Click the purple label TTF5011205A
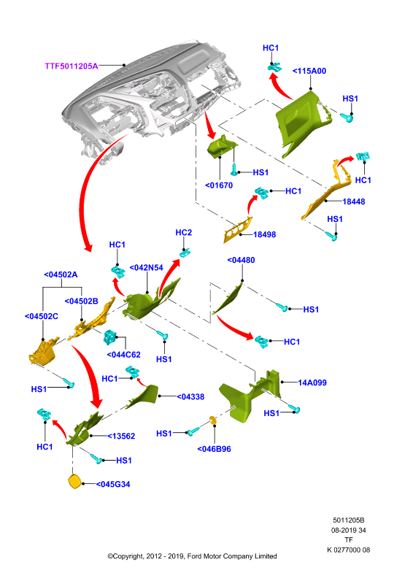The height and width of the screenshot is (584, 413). pyautogui.click(x=72, y=66)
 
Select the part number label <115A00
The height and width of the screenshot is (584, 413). pyautogui.click(x=309, y=71)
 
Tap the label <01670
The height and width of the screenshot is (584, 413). pyautogui.click(x=219, y=185)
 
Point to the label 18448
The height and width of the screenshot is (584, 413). pyautogui.click(x=354, y=201)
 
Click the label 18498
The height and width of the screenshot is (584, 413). pyautogui.click(x=264, y=234)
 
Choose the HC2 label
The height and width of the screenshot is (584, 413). pyautogui.click(x=184, y=233)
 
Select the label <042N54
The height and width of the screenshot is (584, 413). pyautogui.click(x=147, y=268)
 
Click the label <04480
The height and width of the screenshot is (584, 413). pyautogui.click(x=241, y=261)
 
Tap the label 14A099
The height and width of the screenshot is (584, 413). pyautogui.click(x=312, y=383)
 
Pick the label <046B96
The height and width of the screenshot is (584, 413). pyautogui.click(x=214, y=449)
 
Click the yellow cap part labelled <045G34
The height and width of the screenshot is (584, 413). pyautogui.click(x=75, y=481)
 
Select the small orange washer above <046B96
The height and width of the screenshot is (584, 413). pyautogui.click(x=212, y=420)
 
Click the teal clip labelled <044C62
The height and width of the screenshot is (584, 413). pyautogui.click(x=110, y=337)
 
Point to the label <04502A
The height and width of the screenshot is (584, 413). pyautogui.click(x=61, y=275)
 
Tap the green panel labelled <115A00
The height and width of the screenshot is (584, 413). pyautogui.click(x=302, y=122)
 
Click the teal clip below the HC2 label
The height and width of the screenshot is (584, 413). pyautogui.click(x=185, y=253)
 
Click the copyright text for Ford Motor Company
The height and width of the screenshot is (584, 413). pyautogui.click(x=192, y=556)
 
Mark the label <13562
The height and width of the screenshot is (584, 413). pyautogui.click(x=121, y=436)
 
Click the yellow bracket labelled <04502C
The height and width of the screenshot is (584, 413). pyautogui.click(x=44, y=351)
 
